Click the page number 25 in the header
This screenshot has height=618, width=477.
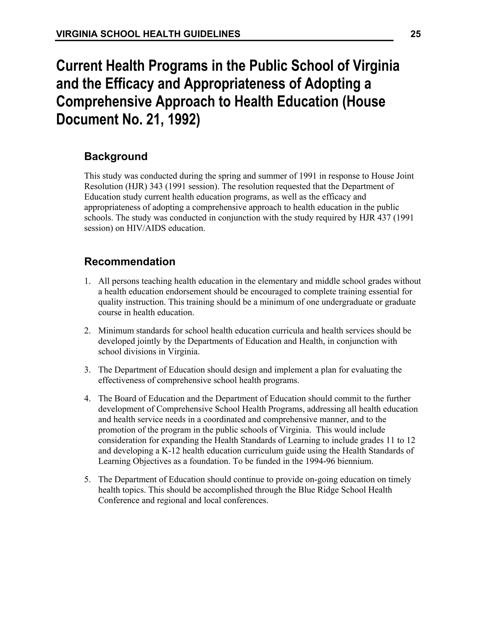coord(416,34)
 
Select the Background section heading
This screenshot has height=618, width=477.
coord(116,156)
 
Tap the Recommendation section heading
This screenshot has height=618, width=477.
coord(130,262)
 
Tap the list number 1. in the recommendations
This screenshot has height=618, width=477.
coord(87,281)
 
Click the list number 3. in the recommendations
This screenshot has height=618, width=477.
coord(87,370)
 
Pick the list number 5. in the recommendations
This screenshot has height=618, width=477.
coord(87,480)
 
